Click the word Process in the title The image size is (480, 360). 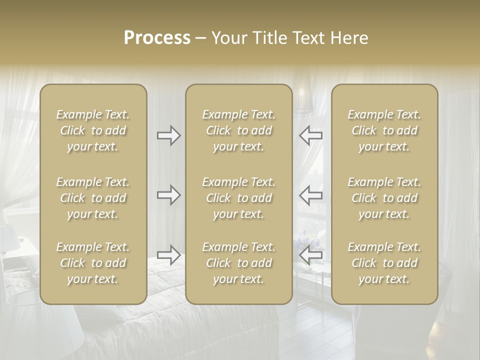point(157,38)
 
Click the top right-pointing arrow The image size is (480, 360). point(168,135)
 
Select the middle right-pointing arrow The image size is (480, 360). point(168,194)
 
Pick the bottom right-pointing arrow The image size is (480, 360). point(168,255)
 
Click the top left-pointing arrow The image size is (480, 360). point(310,135)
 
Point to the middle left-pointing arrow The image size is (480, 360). point(310,194)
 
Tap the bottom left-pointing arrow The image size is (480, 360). point(310,255)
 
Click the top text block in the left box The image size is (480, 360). point(93,130)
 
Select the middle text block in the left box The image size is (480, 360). point(93,198)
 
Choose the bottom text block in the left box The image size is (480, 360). point(93,263)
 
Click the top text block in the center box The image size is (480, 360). point(239,130)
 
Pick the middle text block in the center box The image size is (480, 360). point(239,198)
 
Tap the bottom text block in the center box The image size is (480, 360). point(239,263)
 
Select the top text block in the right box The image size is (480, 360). point(384,130)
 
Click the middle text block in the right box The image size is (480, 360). point(384,198)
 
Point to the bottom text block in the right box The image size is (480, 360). point(384,263)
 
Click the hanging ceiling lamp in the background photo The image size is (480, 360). point(302,100)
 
